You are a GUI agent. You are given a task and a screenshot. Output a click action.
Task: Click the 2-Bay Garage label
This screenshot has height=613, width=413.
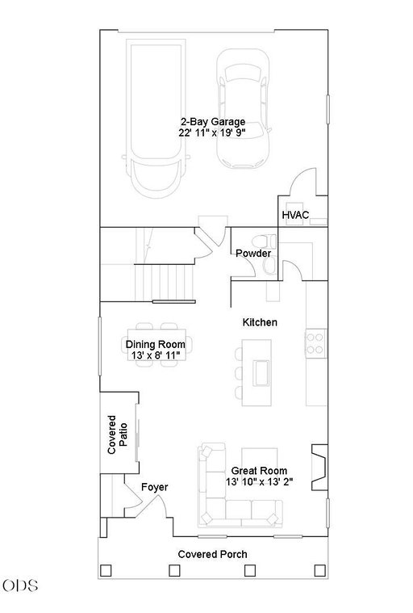tap(212, 122)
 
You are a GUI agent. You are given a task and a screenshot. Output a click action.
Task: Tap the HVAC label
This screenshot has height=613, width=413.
tap(295, 215)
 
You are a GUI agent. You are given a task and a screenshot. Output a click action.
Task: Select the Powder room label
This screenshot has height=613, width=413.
tap(253, 254)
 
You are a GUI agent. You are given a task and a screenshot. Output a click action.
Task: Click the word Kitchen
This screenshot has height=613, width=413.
tap(260, 322)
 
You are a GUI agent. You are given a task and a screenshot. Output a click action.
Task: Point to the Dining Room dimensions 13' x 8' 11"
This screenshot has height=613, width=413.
tap(156, 355)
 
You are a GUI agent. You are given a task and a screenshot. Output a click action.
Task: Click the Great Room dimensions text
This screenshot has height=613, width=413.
tap(259, 481)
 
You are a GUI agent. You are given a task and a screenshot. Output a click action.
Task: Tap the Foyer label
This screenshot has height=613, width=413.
tap(155, 487)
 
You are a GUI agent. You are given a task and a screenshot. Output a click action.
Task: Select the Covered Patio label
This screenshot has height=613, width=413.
tap(117, 435)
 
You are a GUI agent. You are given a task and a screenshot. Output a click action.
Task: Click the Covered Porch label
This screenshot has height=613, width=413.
tap(212, 554)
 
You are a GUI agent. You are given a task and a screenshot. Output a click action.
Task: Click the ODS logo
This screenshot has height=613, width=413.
tap(20, 586)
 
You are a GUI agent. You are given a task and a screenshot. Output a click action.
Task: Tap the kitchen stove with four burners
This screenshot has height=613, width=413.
tap(315, 343)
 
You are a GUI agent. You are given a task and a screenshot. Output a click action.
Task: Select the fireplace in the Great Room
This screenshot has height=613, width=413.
tap(319, 467)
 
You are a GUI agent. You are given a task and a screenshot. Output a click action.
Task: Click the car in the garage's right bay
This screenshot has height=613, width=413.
tap(243, 109)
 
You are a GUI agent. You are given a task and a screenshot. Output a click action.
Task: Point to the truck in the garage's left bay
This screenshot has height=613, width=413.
tap(156, 120)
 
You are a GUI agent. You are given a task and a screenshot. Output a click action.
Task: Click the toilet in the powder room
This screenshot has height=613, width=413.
tap(265, 241)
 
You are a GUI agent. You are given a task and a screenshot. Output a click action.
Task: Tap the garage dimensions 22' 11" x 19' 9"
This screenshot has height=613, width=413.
tap(212, 132)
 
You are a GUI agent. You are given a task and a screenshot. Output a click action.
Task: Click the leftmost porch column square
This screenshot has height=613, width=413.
tap(106, 570)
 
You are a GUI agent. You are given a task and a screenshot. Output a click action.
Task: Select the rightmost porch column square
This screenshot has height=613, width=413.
tap(320, 570)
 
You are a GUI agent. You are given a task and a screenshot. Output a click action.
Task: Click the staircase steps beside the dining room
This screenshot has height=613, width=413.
tap(164, 282)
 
